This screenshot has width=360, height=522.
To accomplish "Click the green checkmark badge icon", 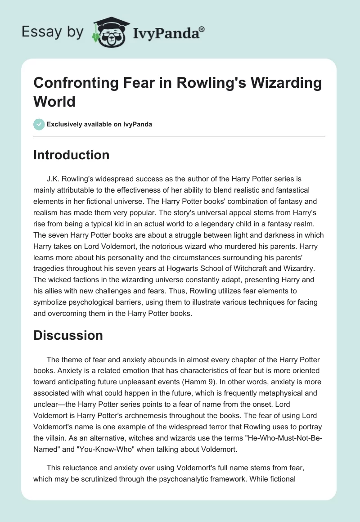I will pos(39,124).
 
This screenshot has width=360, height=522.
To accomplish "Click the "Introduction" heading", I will pos(72,155).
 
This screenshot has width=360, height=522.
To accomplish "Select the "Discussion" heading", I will pos(68,335).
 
